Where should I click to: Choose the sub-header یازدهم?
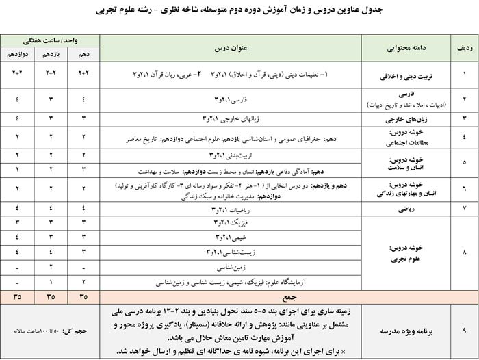[51, 54]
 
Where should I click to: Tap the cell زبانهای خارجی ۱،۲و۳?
[230, 118]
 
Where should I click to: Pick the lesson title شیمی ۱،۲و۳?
[230, 237]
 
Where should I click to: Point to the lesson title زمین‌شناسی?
[230, 266]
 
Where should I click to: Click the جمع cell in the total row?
[230, 297]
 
